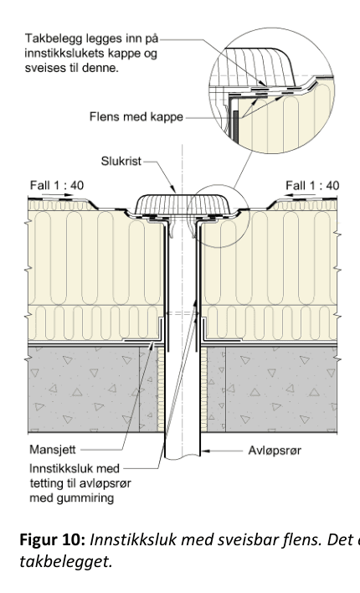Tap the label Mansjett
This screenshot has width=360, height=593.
point(49,451)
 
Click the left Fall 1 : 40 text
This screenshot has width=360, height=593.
point(54,185)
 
